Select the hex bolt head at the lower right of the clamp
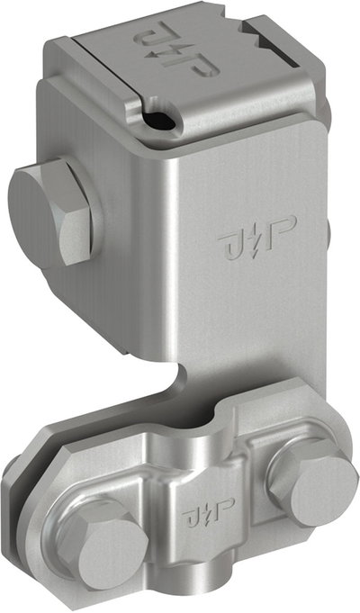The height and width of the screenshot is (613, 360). (313, 482)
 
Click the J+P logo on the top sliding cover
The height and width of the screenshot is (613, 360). (176, 50)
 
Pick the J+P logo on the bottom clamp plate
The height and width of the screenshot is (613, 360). (208, 512)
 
